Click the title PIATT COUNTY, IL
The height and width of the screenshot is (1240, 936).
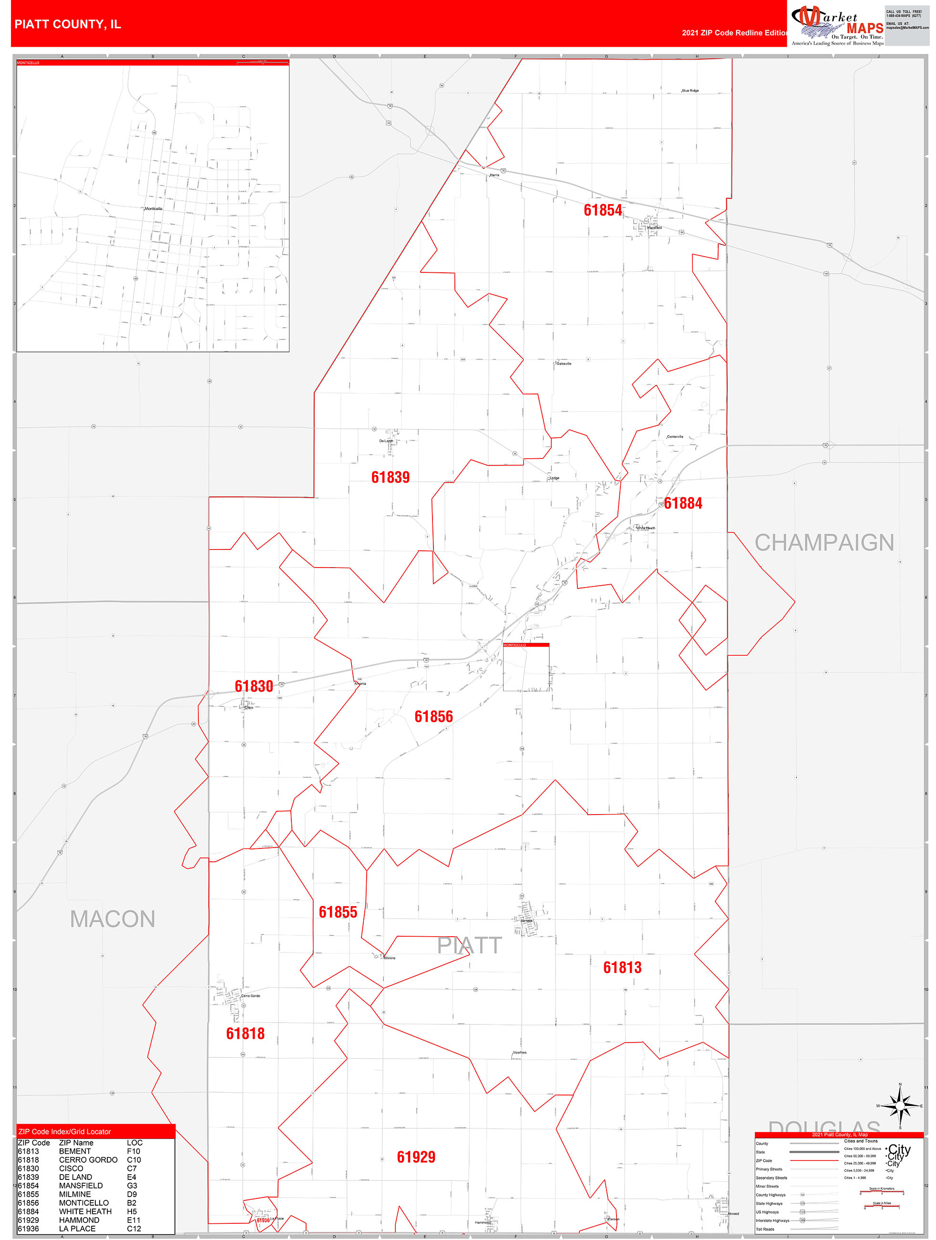point(68,24)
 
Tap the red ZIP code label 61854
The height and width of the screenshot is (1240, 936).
point(603,210)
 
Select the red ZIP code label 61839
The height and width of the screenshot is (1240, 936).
point(390,477)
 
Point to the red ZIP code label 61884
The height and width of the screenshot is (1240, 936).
point(683,504)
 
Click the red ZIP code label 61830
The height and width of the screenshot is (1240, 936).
point(254,686)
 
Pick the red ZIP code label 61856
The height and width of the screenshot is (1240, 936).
point(433,716)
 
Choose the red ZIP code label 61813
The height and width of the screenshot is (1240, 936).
point(622,967)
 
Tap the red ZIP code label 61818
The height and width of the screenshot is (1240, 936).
point(245,1033)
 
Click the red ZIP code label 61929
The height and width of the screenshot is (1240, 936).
point(416,1157)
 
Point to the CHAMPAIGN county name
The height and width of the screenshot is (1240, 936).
point(824,543)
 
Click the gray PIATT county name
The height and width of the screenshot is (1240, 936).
point(469,946)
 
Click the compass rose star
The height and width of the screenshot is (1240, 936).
point(900,1106)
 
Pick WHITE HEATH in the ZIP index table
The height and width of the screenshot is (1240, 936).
point(85,1211)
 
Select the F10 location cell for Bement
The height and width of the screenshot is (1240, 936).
point(134,1151)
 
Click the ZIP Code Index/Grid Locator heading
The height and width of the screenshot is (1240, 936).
point(64,1132)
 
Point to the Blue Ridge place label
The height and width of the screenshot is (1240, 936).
point(690,90)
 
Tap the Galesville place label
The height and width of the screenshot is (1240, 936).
point(564,364)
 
